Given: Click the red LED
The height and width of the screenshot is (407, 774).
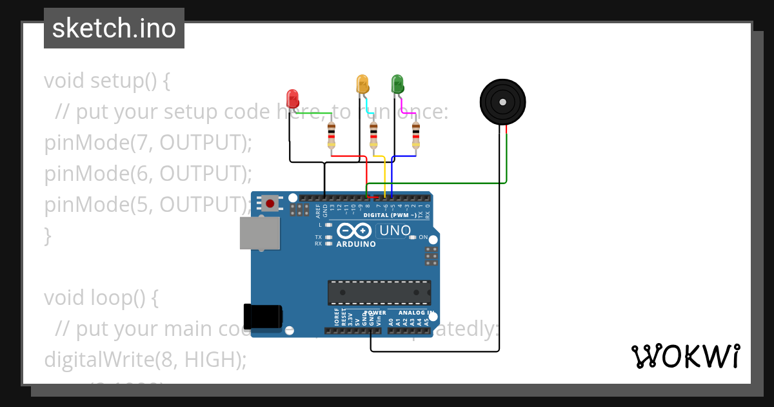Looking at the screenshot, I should pyautogui.click(x=292, y=99).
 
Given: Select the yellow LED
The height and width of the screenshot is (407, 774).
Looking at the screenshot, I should pyautogui.click(x=362, y=83).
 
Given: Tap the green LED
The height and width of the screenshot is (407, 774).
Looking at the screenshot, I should pyautogui.click(x=397, y=83).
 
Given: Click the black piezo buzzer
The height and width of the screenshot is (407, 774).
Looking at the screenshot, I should pyautogui.click(x=502, y=101).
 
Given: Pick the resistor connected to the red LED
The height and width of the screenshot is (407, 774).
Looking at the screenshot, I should pyautogui.click(x=332, y=136).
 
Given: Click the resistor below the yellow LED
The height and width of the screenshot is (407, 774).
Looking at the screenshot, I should pyautogui.click(x=373, y=136).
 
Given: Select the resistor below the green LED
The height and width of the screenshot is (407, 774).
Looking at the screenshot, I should pyautogui.click(x=415, y=136).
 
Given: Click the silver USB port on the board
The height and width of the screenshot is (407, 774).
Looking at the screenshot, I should pyautogui.click(x=260, y=233).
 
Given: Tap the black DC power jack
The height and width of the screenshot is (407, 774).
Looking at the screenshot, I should pyautogui.click(x=263, y=316).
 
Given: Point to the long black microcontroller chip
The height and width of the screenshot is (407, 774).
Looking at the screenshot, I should pyautogui.click(x=379, y=293).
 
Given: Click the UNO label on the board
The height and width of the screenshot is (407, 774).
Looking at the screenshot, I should pyautogui.click(x=395, y=231).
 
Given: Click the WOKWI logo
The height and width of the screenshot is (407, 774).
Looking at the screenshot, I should pyautogui.click(x=685, y=356).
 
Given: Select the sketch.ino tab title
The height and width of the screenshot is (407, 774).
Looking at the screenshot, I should pyautogui.click(x=114, y=28).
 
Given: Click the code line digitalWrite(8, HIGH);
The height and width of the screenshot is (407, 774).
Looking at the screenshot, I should pyautogui.click(x=145, y=360).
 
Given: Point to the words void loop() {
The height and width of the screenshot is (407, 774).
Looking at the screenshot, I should pyautogui.click(x=101, y=298).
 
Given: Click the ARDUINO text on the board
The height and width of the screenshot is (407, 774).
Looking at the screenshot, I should pyautogui.click(x=356, y=244).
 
